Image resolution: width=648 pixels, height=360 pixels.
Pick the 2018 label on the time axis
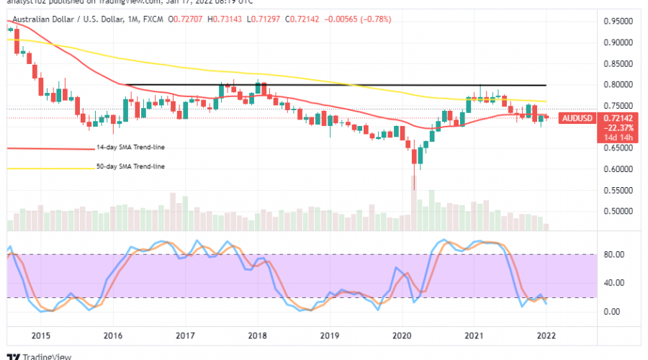tap(258, 336)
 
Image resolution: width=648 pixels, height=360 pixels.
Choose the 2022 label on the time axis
tap(546, 336)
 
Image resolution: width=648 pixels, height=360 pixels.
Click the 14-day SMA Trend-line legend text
tap(130, 148)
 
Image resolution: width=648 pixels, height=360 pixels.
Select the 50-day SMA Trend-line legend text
tap(130, 167)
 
